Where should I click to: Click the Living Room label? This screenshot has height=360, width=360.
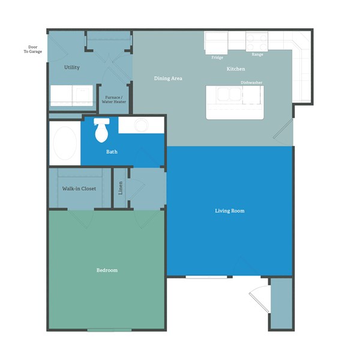pos(230,211)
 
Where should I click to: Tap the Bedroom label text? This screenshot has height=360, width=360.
pos(107,270)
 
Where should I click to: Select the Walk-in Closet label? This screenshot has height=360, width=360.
pos(79,188)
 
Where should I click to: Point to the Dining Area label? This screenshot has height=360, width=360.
pos(168,79)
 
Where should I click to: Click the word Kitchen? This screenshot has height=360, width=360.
pos(235,69)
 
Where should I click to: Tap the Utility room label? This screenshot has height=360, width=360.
pos(72,67)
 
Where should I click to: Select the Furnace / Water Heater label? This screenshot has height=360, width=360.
pos(114,100)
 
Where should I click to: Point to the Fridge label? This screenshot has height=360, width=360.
pos(217,58)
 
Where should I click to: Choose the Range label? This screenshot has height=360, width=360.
pos(257,55)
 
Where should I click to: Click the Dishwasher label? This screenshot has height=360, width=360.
pos(251,82)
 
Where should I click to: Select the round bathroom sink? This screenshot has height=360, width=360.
pos(141,125)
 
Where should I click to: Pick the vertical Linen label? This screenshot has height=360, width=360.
pos(121,188)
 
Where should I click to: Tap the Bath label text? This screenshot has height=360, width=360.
pos(112,152)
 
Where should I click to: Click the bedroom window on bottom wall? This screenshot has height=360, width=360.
pos(109,329)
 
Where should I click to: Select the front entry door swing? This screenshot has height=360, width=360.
pos(257,297)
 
